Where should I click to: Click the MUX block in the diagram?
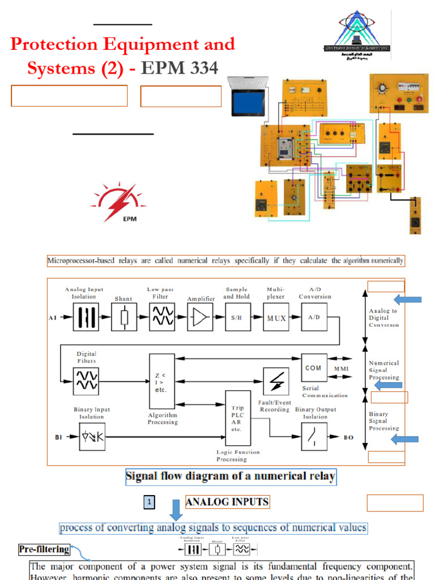tap(275, 317)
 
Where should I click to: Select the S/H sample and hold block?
tap(237, 317)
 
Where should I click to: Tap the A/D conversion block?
tap(313, 317)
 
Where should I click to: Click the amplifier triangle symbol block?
tap(199, 317)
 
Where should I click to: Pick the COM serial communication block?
tap(313, 368)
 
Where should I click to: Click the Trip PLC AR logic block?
tap(238, 418)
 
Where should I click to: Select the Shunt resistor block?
tap(123, 317)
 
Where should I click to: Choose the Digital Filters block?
tap(86, 380)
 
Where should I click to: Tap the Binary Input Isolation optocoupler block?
tap(92, 437)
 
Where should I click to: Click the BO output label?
tap(349, 437)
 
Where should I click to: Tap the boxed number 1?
tap(148, 502)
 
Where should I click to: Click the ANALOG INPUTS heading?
tap(228, 502)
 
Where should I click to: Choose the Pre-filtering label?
tap(44, 549)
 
